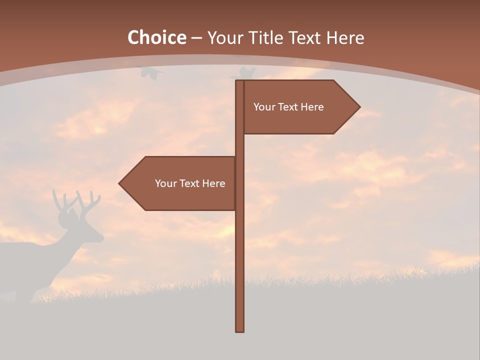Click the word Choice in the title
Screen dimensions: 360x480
[156, 37]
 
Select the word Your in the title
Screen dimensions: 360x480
[224, 37]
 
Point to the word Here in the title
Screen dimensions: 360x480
[345, 37]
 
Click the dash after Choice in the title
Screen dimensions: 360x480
[196, 38]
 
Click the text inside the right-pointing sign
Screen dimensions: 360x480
[288, 107]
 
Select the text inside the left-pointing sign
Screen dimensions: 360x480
[190, 183]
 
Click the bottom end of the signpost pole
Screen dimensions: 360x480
[240, 330]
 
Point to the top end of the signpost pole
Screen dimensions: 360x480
[240, 81]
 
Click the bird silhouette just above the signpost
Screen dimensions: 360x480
[245, 73]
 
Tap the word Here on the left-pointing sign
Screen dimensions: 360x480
[213, 183]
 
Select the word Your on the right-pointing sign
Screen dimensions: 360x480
[263, 107]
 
